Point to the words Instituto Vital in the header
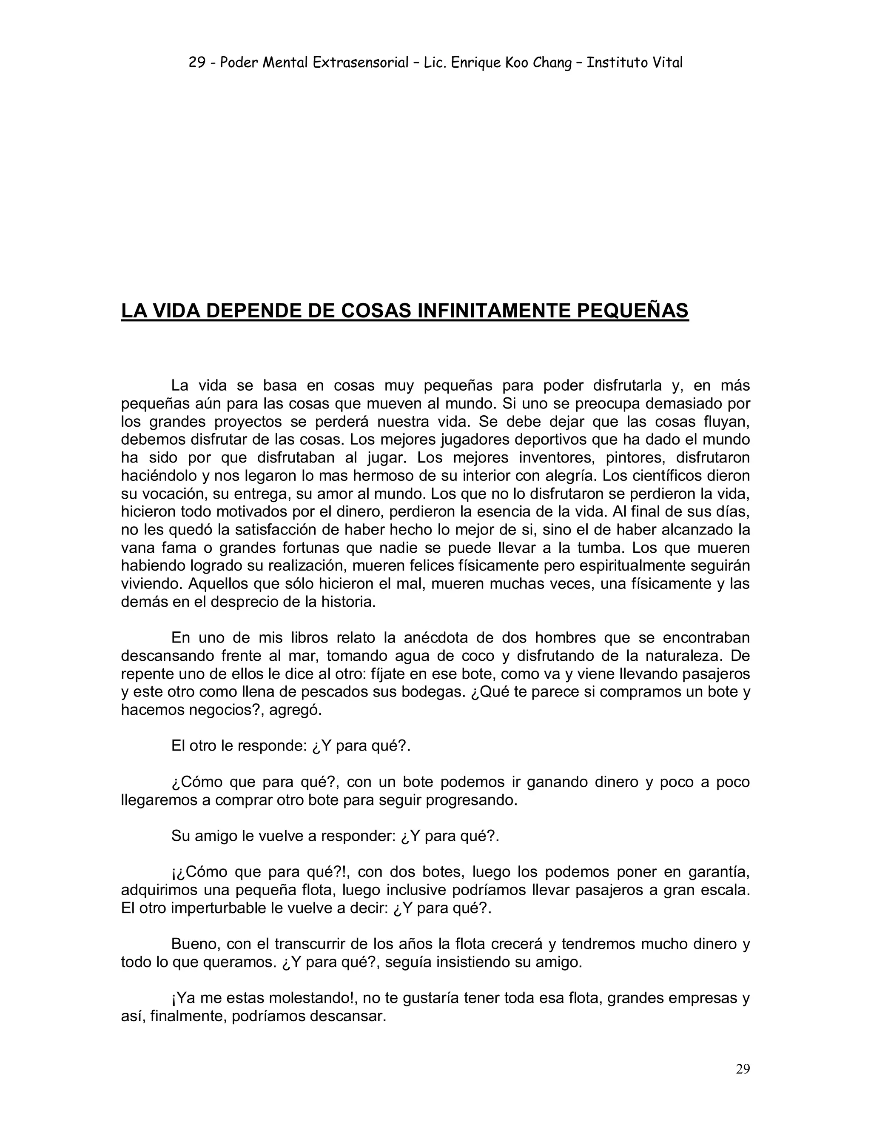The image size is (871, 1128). pos(635,63)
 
